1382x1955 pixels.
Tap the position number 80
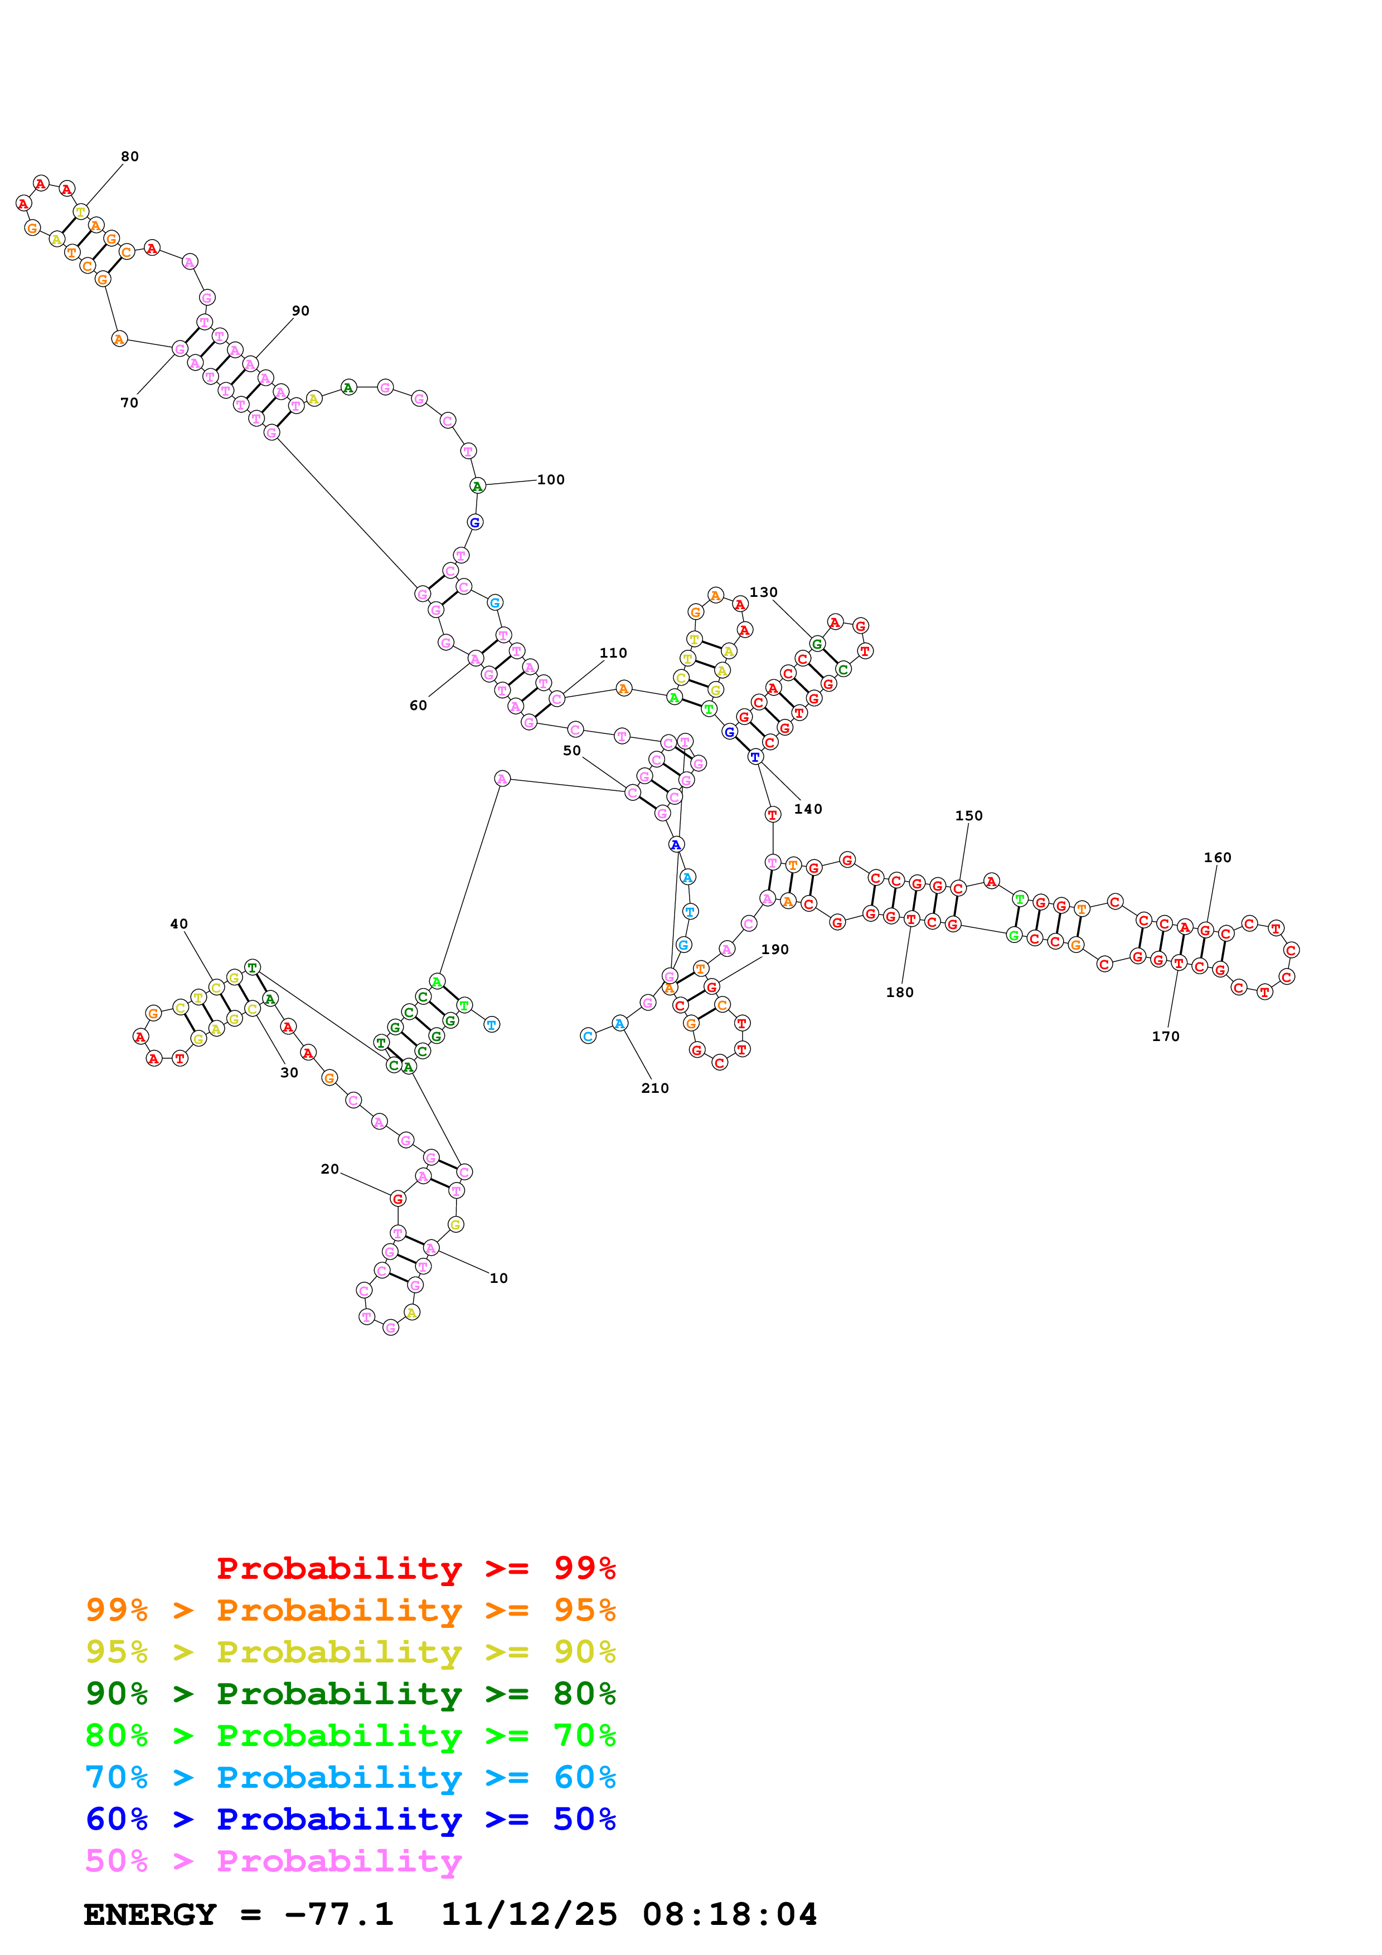(129, 157)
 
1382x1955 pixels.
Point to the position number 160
(1217, 858)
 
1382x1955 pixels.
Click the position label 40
(179, 924)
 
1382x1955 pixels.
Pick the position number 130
(763, 592)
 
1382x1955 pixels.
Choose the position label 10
(498, 1278)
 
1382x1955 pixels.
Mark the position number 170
(1165, 1036)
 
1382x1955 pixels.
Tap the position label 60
(418, 705)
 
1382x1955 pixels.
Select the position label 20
(329, 1169)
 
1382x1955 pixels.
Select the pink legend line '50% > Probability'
(273, 1861)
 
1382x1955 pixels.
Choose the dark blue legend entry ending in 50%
(350, 1819)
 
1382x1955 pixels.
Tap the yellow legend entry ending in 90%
(350, 1652)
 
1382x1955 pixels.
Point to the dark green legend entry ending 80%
(350, 1694)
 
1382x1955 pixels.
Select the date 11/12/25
(529, 1915)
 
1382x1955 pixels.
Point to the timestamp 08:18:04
(730, 1915)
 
